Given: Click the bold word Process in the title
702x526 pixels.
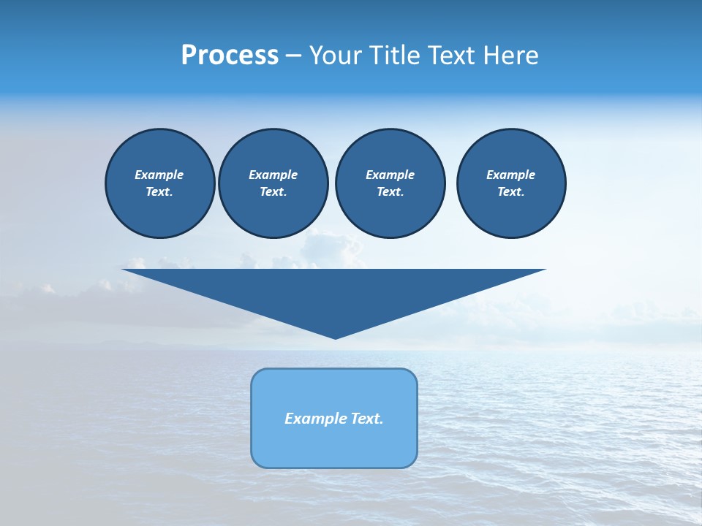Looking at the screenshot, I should (230, 56).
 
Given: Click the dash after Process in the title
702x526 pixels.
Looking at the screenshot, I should (294, 56).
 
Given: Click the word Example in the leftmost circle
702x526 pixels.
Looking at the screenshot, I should (159, 175).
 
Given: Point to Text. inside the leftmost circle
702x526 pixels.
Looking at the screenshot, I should (159, 192).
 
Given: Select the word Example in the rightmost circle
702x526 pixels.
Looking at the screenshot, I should (511, 175).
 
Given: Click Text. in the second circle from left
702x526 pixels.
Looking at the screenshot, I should (273, 192).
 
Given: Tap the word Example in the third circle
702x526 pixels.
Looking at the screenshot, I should (390, 175).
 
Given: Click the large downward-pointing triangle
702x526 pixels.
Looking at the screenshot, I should (334, 292).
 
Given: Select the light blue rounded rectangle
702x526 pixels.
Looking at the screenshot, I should (334, 446).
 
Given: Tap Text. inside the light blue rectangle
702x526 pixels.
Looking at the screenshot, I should (367, 419).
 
